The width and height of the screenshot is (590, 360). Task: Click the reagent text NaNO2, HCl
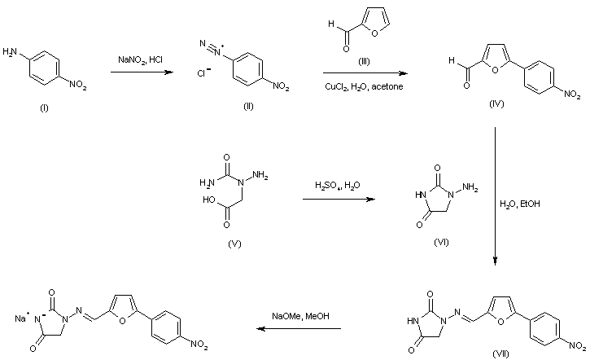(x=140, y=59)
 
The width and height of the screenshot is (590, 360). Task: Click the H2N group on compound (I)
(x=11, y=51)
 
